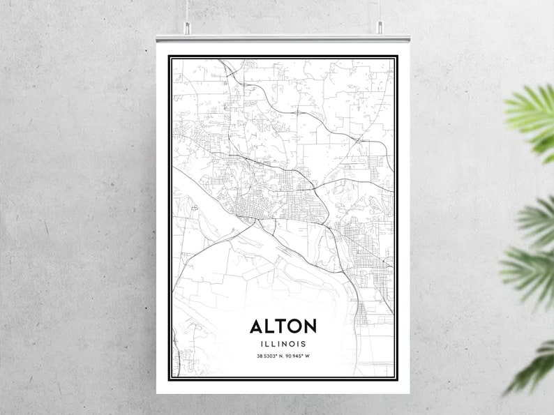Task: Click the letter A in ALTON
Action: [x=257, y=326]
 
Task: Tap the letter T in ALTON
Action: [x=283, y=326]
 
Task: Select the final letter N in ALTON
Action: [x=310, y=326]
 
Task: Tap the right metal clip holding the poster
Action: [x=380, y=28]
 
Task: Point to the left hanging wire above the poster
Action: [x=188, y=10]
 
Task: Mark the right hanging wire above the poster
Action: [x=380, y=10]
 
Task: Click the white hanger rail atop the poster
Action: [x=283, y=34]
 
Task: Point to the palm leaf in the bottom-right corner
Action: [x=534, y=366]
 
